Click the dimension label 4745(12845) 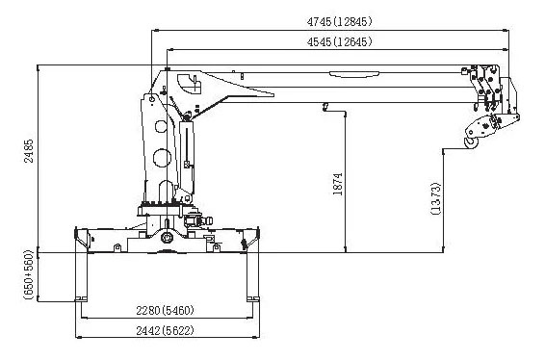(x=339, y=21)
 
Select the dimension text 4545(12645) (x=339, y=42)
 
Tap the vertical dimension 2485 (x=29, y=151)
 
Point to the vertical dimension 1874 (x=338, y=184)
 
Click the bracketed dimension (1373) (x=436, y=198)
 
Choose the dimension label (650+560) (x=29, y=274)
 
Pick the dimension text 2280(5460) (x=165, y=310)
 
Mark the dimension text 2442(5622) (x=165, y=330)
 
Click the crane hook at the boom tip (x=471, y=143)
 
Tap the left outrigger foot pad (x=81, y=298)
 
